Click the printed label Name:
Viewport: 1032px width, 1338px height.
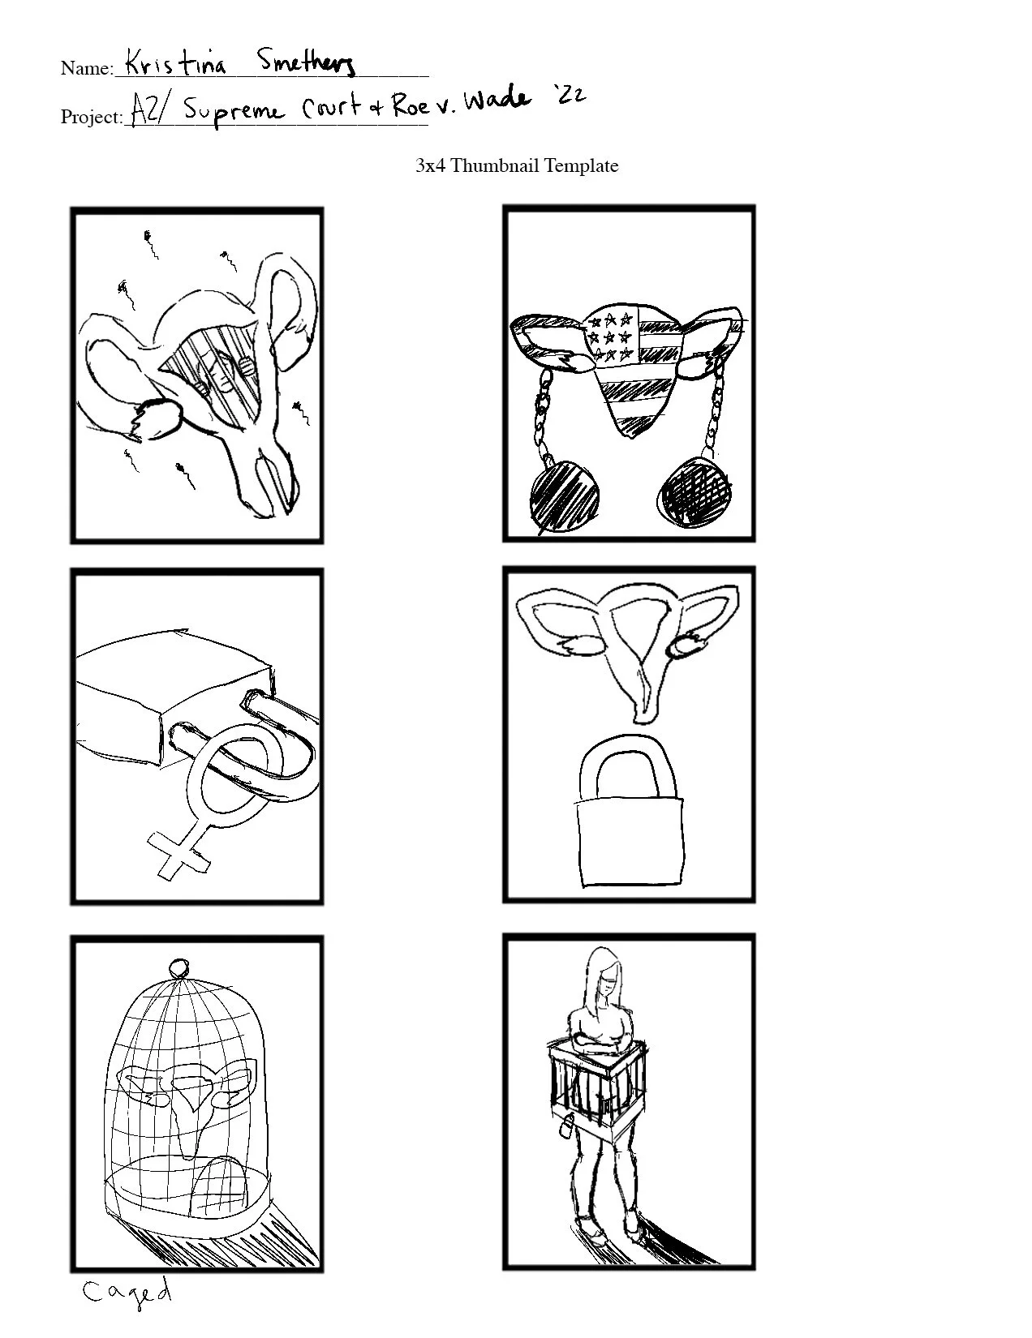87,68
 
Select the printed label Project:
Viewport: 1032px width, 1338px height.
92,117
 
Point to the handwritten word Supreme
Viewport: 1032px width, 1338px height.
234,112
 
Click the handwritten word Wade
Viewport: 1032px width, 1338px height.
497,100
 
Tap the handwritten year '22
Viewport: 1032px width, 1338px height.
571,95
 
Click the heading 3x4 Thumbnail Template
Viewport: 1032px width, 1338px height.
517,165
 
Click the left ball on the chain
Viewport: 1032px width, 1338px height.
563,498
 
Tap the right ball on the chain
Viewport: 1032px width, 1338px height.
695,492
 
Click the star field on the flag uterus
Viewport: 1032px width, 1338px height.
609,337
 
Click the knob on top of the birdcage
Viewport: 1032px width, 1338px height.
179,966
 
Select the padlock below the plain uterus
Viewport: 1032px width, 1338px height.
630,812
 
